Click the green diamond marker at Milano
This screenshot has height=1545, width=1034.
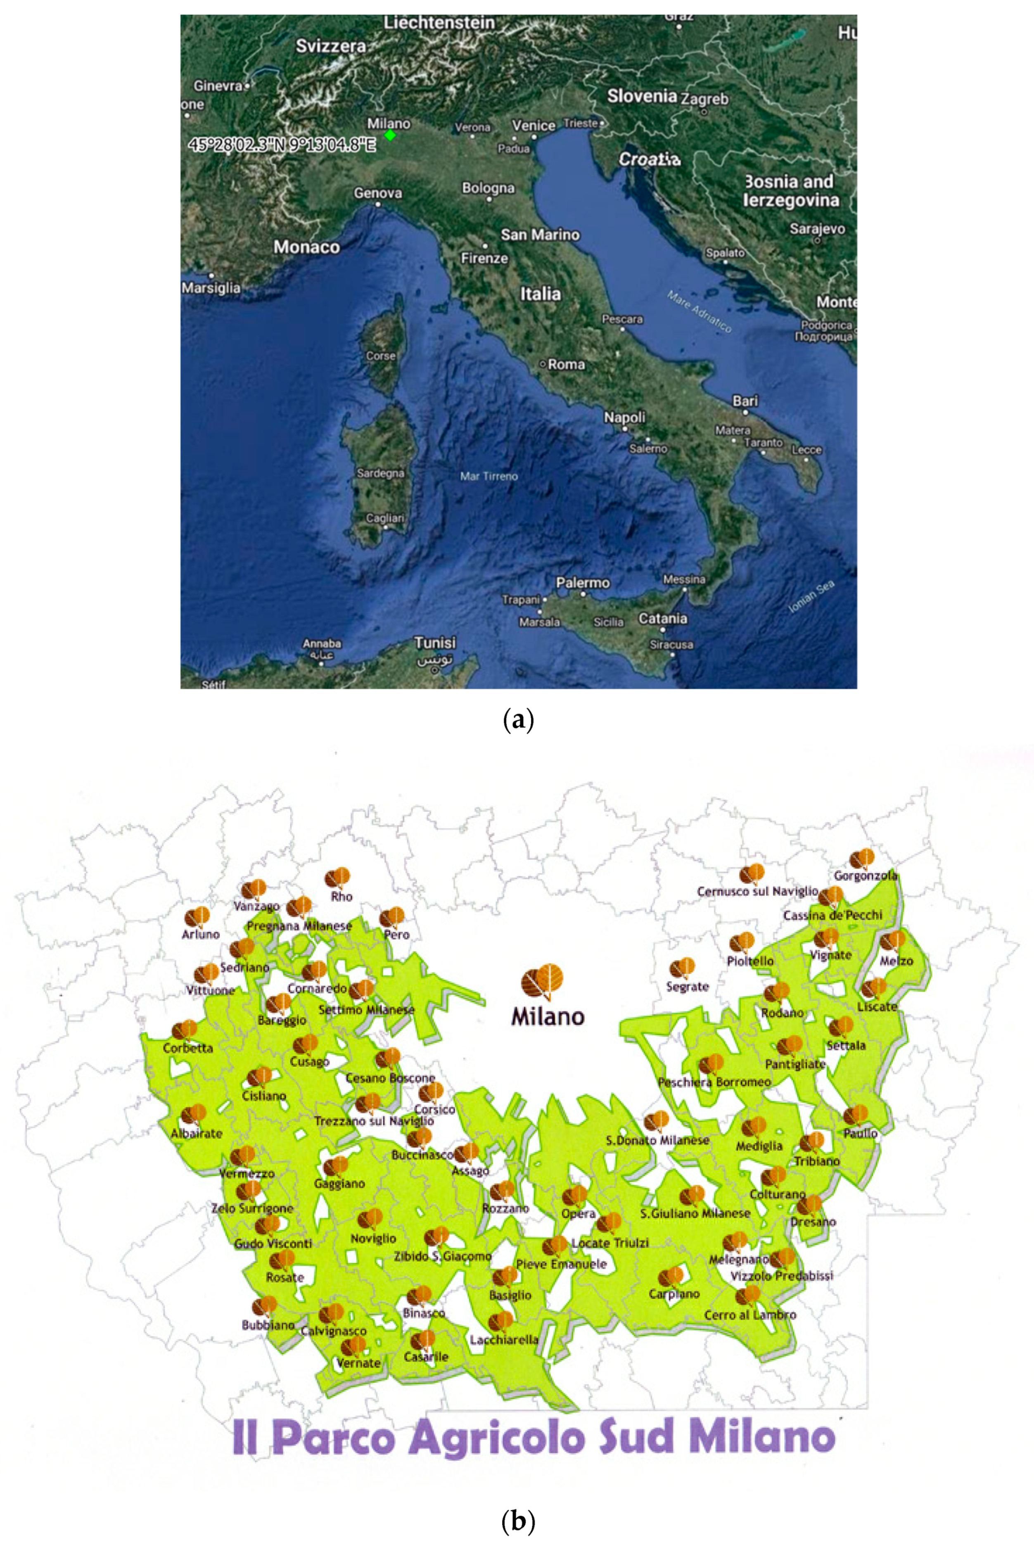tap(390, 135)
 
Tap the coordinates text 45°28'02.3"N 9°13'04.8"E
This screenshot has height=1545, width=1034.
tap(282, 145)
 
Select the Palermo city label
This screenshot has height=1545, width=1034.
tap(582, 583)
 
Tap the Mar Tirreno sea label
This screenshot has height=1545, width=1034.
tap(489, 476)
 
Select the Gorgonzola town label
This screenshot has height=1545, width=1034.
tap(865, 876)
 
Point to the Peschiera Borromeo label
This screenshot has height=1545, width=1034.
tap(714, 1082)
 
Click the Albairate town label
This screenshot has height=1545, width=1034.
tap(197, 1134)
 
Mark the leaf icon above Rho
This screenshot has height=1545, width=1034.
tap(337, 878)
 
